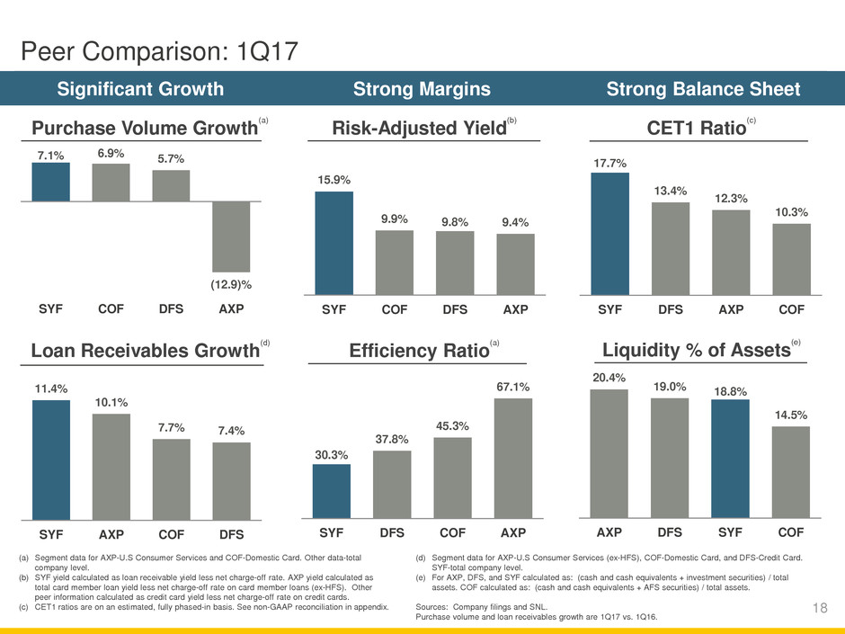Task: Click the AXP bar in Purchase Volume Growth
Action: [x=232, y=236]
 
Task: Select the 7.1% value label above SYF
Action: [x=50, y=156]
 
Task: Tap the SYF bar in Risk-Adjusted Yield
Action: [x=334, y=243]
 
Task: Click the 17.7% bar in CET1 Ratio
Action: [x=609, y=234]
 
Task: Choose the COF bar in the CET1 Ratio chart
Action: [x=791, y=259]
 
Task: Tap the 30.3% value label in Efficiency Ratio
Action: [x=331, y=455]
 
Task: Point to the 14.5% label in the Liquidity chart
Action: [x=791, y=415]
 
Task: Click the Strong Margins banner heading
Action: [x=422, y=89]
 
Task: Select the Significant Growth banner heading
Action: [x=140, y=89]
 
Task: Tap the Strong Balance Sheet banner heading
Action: [x=704, y=89]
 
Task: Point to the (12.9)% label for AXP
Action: [x=232, y=284]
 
